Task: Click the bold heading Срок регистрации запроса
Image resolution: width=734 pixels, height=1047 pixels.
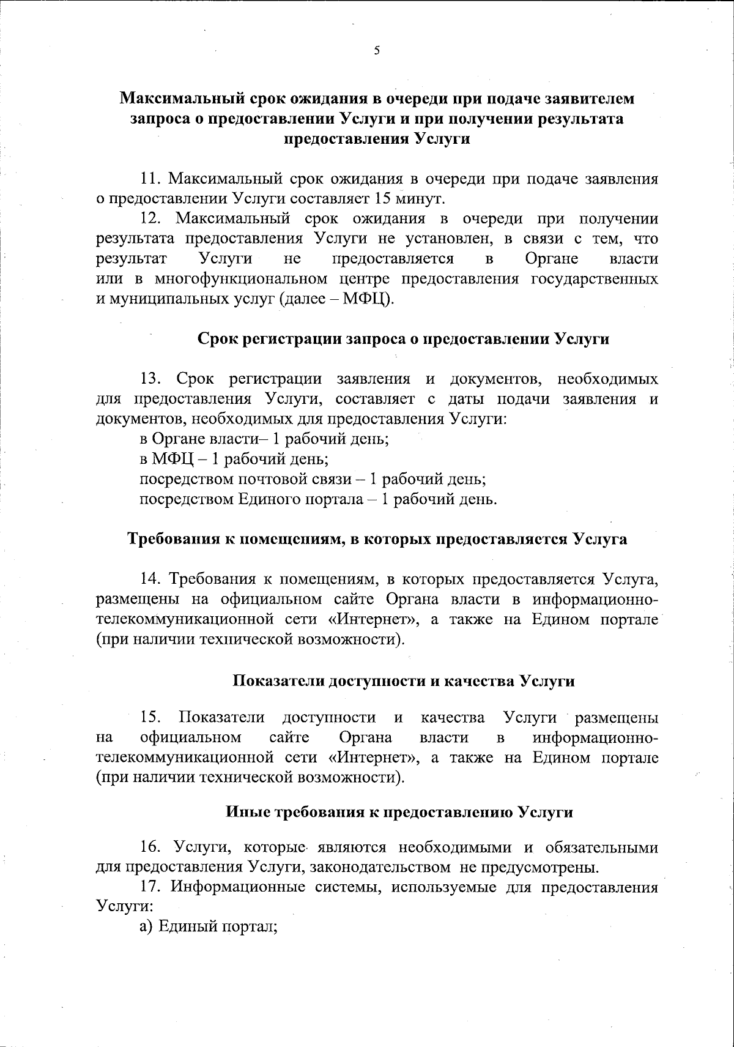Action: pyautogui.click(x=404, y=339)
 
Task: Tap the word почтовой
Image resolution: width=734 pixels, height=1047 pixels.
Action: pyautogui.click(x=276, y=479)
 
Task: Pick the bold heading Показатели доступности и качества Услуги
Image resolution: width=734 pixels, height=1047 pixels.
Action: pyautogui.click(x=404, y=680)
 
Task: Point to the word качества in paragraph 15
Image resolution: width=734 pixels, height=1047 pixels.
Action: pyautogui.click(x=453, y=717)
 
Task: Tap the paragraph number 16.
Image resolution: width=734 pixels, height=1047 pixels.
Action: pyautogui.click(x=151, y=848)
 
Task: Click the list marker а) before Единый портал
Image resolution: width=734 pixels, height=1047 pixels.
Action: pyautogui.click(x=146, y=926)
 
